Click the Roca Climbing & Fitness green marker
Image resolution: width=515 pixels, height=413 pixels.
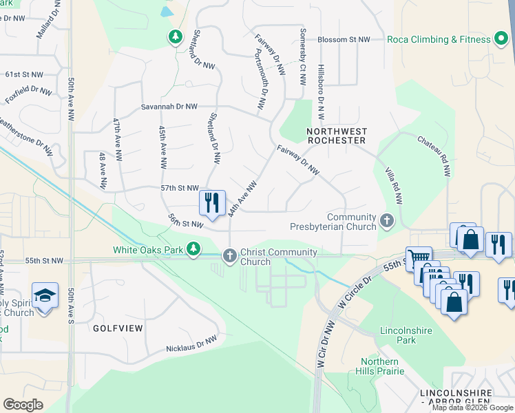(501, 39)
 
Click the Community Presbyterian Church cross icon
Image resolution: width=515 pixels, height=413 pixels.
(387, 222)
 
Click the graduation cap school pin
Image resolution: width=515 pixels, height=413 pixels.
(45, 296)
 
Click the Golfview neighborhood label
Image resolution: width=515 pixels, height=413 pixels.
(118, 328)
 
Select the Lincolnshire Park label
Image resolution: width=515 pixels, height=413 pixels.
(406, 335)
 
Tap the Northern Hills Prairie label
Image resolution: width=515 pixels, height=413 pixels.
(379, 366)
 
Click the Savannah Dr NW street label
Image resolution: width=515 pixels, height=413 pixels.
(169, 107)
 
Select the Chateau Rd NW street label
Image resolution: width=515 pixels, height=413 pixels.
(434, 156)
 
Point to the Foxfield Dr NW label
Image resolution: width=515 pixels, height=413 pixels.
(28, 91)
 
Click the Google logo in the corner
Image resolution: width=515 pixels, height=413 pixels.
(23, 405)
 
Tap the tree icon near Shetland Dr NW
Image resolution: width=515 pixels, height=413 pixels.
(176, 36)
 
